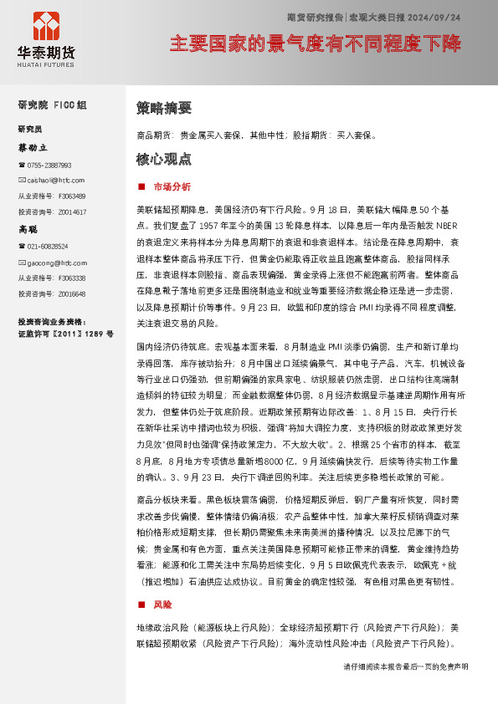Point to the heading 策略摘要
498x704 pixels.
point(163,108)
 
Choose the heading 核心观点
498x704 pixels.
point(163,159)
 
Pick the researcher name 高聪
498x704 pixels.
point(28,228)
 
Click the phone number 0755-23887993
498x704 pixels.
point(49,166)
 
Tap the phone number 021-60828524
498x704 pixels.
point(47,247)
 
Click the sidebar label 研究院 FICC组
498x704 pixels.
point(52,105)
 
